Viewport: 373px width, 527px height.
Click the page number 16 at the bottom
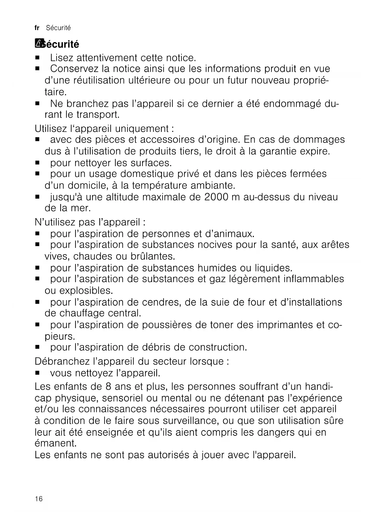(39, 499)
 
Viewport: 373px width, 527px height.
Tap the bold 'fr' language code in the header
(37, 28)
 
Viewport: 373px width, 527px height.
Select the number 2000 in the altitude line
(216, 197)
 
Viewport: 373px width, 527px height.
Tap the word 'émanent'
(55, 443)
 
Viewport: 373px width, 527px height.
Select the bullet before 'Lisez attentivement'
(38, 57)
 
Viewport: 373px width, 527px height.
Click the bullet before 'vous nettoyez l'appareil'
(38, 373)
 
